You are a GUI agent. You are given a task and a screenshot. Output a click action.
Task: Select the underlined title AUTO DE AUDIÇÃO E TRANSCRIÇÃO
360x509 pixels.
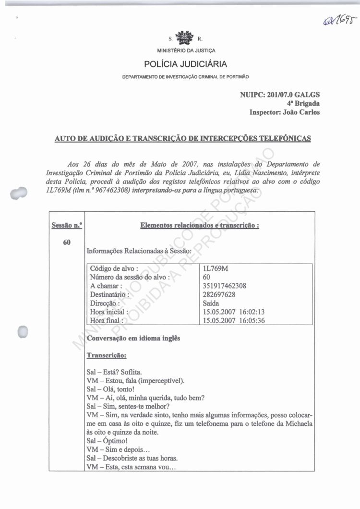coord(183,139)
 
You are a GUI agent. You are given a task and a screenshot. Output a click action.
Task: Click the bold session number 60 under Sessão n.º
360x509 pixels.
coord(67,242)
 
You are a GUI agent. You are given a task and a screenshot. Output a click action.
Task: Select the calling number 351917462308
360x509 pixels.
coord(225,286)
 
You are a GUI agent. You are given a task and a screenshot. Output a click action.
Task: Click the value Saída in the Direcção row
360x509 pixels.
coord(212,303)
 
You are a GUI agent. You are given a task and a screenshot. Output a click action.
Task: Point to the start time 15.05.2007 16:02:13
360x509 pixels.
coord(234,312)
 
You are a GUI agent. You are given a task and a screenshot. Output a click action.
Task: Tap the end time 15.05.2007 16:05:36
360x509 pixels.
coord(234,320)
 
